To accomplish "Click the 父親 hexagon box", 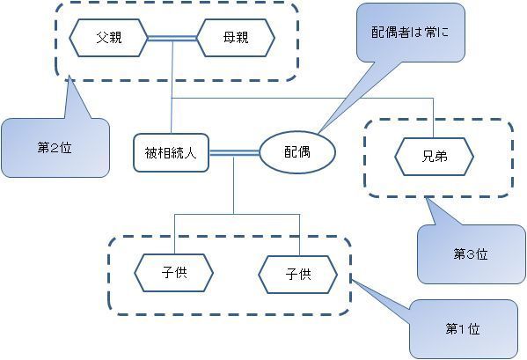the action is (108, 38).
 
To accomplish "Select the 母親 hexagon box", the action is (236, 38).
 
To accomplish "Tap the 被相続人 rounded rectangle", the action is (171, 153).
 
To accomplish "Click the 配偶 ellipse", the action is (297, 152).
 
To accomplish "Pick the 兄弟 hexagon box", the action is (434, 157).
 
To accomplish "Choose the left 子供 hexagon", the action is (174, 273).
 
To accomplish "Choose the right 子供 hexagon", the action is (297, 275).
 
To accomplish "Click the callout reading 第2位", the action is (55, 148).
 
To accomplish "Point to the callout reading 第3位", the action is (471, 254).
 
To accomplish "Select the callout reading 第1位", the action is (463, 329).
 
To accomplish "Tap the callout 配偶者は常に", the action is (410, 33).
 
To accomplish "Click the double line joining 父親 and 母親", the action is (172, 39).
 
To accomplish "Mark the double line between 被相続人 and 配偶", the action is (234, 153).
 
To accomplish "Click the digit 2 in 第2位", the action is (55, 148).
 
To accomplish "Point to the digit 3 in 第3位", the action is (470, 254).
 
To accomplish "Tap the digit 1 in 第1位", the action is (462, 329).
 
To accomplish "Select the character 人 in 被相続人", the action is (191, 153).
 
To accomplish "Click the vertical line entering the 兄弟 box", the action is (433, 118).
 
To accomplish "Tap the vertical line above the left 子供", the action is (174, 234).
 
